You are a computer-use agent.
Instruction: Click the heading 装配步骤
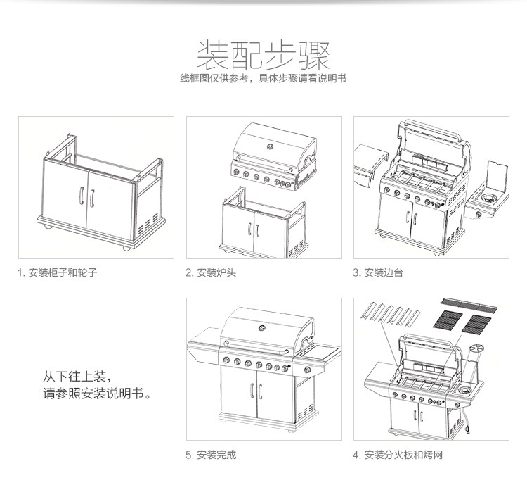point(263,53)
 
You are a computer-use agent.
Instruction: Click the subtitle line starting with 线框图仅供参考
point(263,78)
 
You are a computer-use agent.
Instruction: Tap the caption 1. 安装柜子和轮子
point(58,272)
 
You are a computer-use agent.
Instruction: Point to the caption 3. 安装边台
point(378,272)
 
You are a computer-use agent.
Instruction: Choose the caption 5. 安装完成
point(211,455)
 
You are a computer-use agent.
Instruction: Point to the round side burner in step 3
point(486,200)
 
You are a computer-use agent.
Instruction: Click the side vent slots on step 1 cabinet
point(145,226)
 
